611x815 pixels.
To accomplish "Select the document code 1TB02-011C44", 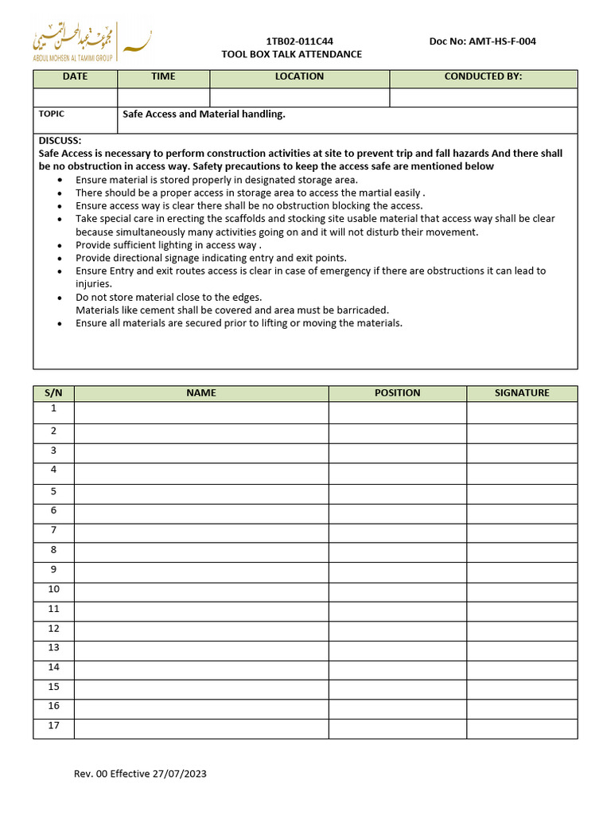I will click(x=299, y=41).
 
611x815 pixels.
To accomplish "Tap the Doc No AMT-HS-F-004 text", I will click(x=482, y=41).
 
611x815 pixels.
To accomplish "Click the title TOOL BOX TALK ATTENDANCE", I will click(x=291, y=54).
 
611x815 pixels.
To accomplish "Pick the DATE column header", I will click(x=76, y=76).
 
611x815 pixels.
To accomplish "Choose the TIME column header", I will click(x=163, y=76).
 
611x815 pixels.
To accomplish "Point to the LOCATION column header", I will click(x=299, y=76).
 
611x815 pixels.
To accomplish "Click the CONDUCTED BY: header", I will click(x=483, y=76).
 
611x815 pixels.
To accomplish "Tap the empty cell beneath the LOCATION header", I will click(x=299, y=97).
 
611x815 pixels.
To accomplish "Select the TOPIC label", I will click(x=52, y=114).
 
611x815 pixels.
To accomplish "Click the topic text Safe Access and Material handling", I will click(x=204, y=114).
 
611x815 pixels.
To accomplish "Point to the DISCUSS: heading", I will click(x=60, y=140).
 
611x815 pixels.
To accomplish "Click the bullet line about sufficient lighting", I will click(x=169, y=245).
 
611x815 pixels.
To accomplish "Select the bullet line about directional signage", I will click(x=211, y=258).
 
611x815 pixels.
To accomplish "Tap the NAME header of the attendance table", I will click(x=201, y=393).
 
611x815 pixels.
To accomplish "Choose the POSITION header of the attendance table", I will click(x=397, y=393).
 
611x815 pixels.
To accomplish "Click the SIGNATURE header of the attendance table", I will click(x=522, y=393).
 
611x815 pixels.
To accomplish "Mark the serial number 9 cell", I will click(x=53, y=570).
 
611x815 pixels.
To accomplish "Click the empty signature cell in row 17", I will click(x=522, y=728).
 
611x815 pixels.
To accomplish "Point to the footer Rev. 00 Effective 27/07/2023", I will click(x=140, y=774).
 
